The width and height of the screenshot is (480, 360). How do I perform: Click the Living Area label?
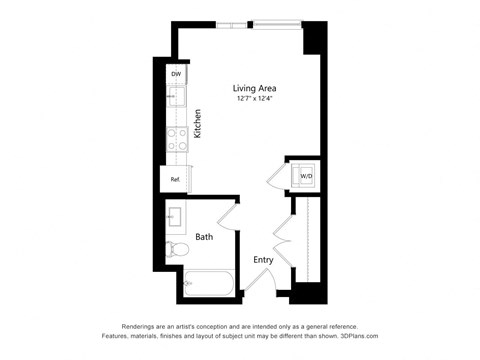coord(255,87)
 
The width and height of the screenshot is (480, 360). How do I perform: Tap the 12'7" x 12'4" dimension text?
coord(255,99)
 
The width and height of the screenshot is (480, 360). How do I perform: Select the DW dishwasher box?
coord(176,74)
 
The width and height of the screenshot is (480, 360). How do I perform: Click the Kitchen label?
coord(199,124)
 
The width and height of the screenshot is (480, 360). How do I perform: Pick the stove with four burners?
coord(177,139)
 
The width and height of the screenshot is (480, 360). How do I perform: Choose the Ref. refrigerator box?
coord(175,180)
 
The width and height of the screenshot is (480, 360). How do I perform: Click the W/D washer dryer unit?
coord(305,176)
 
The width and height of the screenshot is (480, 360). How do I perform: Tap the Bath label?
coord(204,237)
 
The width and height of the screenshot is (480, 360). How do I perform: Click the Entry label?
coord(263,260)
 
